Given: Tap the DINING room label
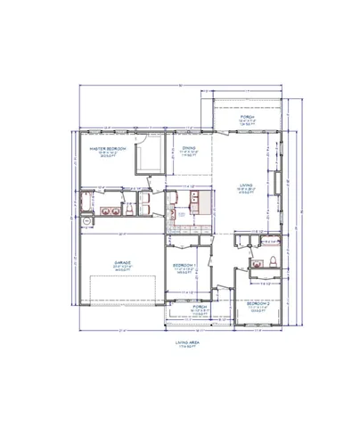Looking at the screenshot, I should click(x=189, y=148).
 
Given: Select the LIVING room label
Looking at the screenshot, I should click(x=244, y=186).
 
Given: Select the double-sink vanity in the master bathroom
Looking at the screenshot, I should click(x=113, y=211).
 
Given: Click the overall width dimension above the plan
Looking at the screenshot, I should click(x=181, y=85).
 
